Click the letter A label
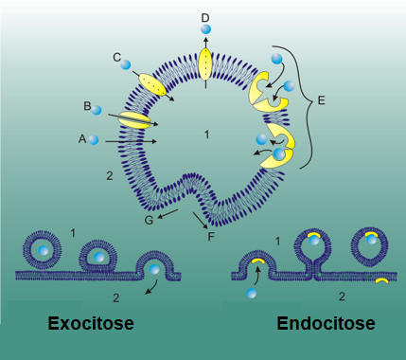coord(82,138)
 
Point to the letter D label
coord(205,17)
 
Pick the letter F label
coord(212,235)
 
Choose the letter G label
coord(149,220)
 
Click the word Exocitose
coord(91,324)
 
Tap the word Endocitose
coord(326,324)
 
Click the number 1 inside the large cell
coord(205,135)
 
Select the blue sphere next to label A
coord(95,140)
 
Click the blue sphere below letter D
coord(205,31)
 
